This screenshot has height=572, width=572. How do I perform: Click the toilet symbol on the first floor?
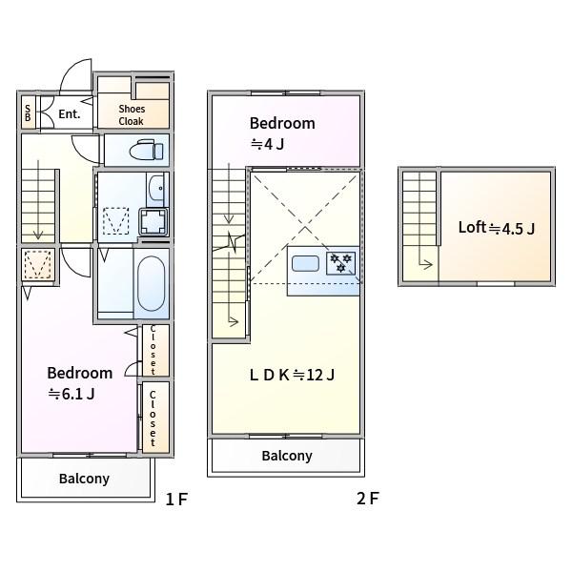(x=146, y=150)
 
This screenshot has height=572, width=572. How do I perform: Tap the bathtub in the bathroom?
(x=151, y=283)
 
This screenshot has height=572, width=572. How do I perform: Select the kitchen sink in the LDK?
(x=305, y=263)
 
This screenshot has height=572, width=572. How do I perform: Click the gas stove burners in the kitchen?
(x=340, y=263)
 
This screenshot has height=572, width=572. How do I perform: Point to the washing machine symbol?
(x=153, y=221)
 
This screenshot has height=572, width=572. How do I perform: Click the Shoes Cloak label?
(x=132, y=114)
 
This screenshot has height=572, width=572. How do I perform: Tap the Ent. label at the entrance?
(x=70, y=113)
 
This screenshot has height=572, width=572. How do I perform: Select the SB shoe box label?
(x=28, y=113)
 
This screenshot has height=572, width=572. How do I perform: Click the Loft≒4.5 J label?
(x=497, y=228)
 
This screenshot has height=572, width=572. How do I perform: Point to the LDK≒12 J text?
(x=292, y=375)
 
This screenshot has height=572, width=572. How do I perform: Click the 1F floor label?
(x=176, y=499)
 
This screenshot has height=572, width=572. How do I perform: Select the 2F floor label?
(x=368, y=499)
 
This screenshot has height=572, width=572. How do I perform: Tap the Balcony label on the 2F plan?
(x=287, y=456)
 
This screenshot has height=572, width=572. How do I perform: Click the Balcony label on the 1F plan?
(x=84, y=479)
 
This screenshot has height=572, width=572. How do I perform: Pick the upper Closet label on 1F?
(x=153, y=350)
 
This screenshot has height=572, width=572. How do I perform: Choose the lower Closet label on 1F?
(x=153, y=419)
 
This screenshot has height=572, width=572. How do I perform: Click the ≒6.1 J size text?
(x=71, y=394)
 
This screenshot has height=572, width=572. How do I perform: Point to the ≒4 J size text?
(x=267, y=145)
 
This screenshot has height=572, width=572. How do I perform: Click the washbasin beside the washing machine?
(x=157, y=189)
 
